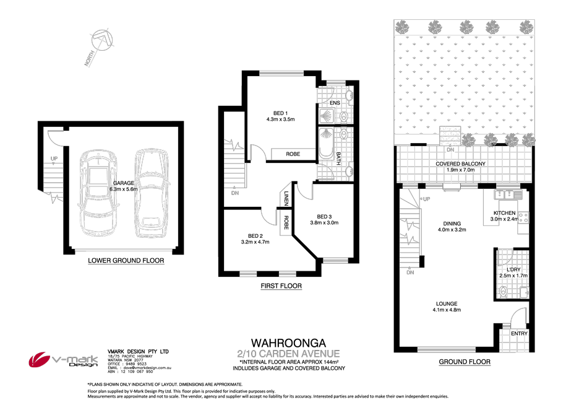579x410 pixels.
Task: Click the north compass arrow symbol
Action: [103, 43]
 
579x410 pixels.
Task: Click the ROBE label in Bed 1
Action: [293, 154]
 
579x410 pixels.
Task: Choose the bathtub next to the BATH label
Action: [325, 149]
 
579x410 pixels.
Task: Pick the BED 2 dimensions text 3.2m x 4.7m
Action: [255, 242]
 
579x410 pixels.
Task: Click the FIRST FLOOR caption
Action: [281, 286]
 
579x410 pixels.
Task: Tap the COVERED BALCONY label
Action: [460, 164]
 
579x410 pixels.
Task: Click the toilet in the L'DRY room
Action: [503, 289]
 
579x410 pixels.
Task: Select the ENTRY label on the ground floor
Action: [518, 333]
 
